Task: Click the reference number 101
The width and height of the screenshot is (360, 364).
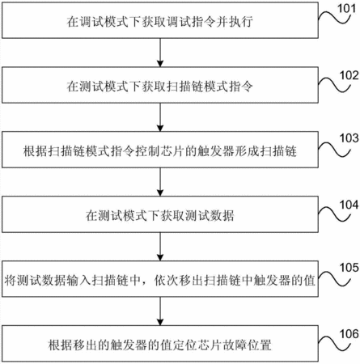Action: [347, 8]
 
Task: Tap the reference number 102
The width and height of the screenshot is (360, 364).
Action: [349, 75]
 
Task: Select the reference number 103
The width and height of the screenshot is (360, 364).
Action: [349, 138]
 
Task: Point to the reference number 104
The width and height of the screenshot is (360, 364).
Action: [349, 205]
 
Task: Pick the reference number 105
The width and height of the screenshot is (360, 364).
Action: [349, 268]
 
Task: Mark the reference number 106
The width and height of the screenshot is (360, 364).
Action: [349, 334]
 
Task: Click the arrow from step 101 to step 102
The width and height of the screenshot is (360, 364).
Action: [160, 53]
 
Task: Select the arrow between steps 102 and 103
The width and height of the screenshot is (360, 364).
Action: [160, 117]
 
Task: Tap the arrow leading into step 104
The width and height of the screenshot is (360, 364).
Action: [160, 182]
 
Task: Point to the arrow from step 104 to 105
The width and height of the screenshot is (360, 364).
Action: [160, 247]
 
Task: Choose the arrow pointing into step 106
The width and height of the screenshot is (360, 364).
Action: [160, 311]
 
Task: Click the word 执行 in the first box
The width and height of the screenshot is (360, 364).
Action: [241, 22]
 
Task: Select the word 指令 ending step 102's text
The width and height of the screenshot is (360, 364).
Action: [241, 87]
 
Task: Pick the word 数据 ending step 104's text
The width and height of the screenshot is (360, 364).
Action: [222, 216]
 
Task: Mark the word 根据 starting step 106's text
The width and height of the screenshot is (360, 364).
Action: [61, 345]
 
